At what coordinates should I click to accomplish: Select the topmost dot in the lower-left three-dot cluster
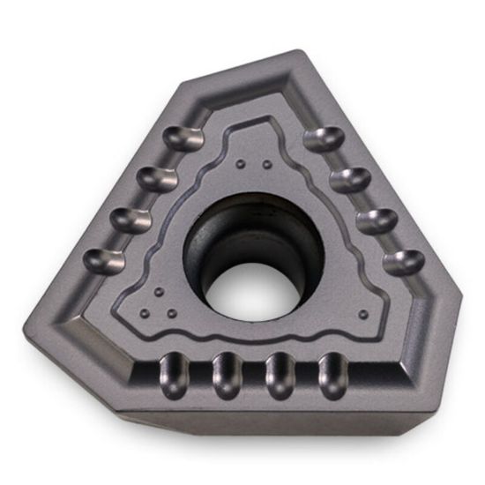156,292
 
